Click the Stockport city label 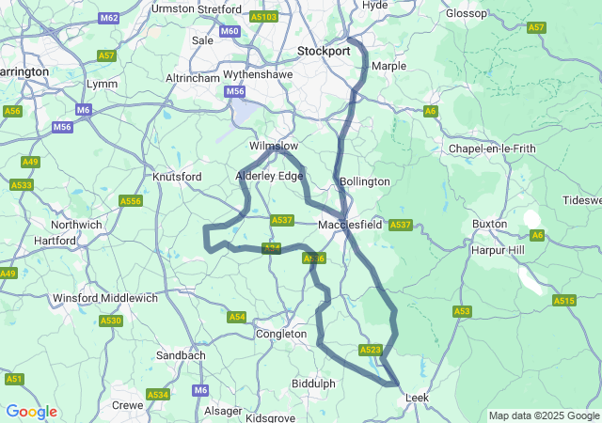323,50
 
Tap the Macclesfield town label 349,226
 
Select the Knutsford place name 177,177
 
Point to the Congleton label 281,334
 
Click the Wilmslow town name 273,147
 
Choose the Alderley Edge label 269,176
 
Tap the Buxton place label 489,225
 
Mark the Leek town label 417,398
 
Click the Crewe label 128,405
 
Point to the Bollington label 364,180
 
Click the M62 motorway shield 108,18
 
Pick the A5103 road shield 264,17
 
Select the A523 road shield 370,350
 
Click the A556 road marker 131,201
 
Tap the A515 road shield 563,301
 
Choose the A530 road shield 111,321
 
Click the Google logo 31,412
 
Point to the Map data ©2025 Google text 544,415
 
